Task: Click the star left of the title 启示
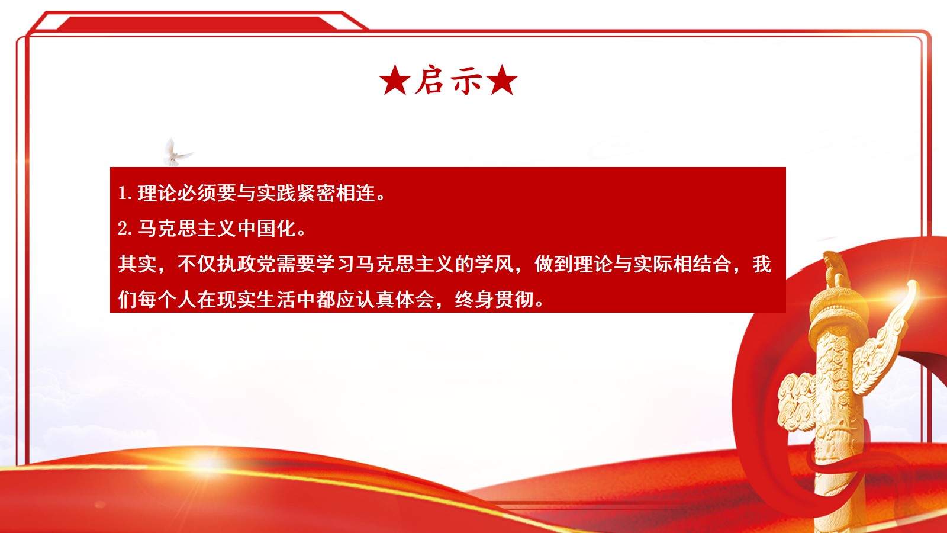tap(395, 81)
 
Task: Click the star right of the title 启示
tap(503, 81)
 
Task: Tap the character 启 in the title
tap(430, 81)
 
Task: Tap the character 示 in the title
tap(467, 81)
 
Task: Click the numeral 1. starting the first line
tap(124, 193)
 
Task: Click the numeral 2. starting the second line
tap(124, 229)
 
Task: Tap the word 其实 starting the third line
tap(138, 264)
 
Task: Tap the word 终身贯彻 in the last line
tap(494, 300)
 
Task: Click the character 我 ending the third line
tap(762, 264)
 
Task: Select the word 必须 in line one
tap(197, 193)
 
